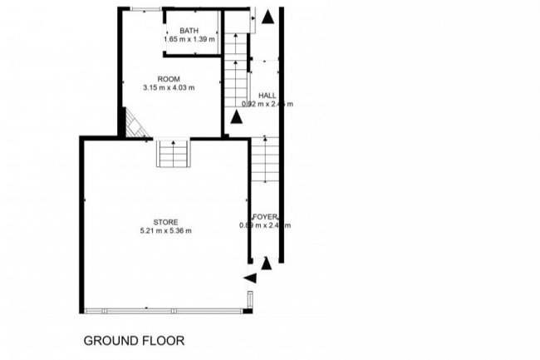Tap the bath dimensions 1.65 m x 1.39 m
(x=189, y=39)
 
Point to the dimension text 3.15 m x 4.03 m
(x=169, y=87)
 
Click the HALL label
(x=268, y=95)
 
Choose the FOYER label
(x=265, y=216)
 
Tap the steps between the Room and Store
(x=174, y=155)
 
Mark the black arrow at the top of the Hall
(x=267, y=16)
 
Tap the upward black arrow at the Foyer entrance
(x=267, y=263)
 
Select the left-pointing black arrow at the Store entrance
(x=249, y=278)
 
